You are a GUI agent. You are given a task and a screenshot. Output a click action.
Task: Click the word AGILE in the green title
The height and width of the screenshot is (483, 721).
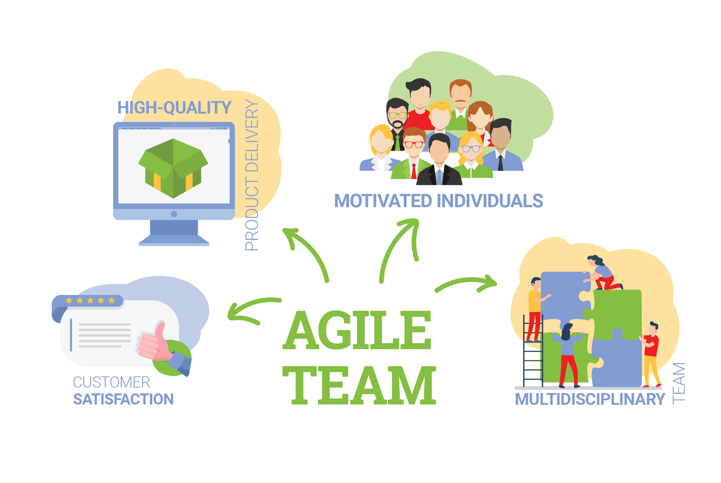tap(357, 330)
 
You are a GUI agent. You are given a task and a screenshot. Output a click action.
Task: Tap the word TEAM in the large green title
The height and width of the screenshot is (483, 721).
tap(359, 385)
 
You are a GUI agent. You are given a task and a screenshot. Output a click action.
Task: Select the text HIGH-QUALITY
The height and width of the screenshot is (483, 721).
tap(174, 108)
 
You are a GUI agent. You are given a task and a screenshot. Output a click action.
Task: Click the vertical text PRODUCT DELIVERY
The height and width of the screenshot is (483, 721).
tap(252, 175)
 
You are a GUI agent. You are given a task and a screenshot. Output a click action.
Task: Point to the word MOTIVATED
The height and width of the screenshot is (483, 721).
tap(383, 201)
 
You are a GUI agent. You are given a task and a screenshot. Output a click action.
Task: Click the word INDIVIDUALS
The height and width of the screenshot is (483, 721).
tap(490, 201)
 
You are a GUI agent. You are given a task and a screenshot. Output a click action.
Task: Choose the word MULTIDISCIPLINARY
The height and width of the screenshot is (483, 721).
tap(590, 399)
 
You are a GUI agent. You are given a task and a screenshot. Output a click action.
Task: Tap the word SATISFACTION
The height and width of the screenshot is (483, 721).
tap(123, 399)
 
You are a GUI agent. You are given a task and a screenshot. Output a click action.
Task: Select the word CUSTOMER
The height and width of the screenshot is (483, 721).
tap(112, 382)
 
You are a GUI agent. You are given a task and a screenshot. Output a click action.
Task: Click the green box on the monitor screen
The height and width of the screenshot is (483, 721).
tap(173, 168)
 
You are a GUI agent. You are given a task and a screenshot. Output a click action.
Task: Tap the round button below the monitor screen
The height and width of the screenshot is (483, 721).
tap(174, 214)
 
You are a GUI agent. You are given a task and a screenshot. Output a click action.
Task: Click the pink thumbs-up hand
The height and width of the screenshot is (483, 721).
tap(154, 342)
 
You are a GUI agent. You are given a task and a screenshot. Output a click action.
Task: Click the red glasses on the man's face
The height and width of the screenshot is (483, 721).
tap(414, 144)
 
